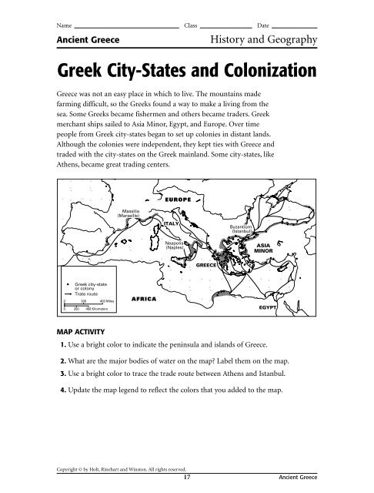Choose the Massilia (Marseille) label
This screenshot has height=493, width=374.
128,213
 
